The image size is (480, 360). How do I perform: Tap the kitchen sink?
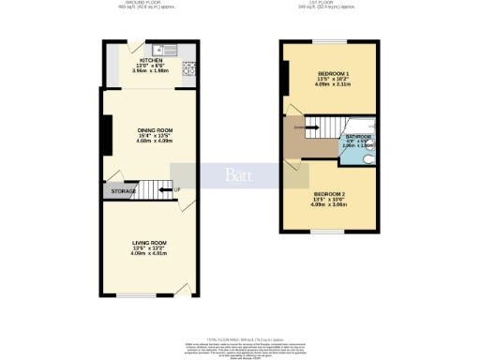coord(160,49)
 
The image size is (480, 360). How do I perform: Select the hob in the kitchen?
coord(188,67)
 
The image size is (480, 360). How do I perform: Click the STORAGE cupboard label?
coord(123,191)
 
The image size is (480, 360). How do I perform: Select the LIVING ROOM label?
coord(148,242)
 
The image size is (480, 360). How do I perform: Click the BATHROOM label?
coord(358,137)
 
